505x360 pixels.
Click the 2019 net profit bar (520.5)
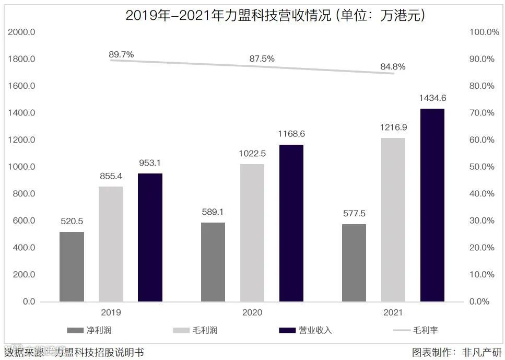(x=72, y=266)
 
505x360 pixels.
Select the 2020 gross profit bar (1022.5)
(x=252, y=233)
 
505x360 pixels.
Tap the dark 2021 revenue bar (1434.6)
(x=432, y=205)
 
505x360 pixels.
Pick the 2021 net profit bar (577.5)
(x=354, y=263)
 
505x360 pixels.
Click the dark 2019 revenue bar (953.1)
(x=150, y=237)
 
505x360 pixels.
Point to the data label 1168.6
(x=291, y=134)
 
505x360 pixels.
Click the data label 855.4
(x=111, y=176)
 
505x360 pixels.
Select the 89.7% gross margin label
(x=121, y=54)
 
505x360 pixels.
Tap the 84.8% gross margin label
(x=393, y=67)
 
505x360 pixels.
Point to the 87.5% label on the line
(x=262, y=59)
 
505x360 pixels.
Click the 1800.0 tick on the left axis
(x=22, y=59)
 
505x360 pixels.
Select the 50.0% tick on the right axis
(x=482, y=167)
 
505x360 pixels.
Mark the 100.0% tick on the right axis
(x=484, y=32)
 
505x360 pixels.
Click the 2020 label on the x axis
(x=252, y=312)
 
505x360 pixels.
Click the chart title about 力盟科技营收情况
(x=276, y=16)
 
